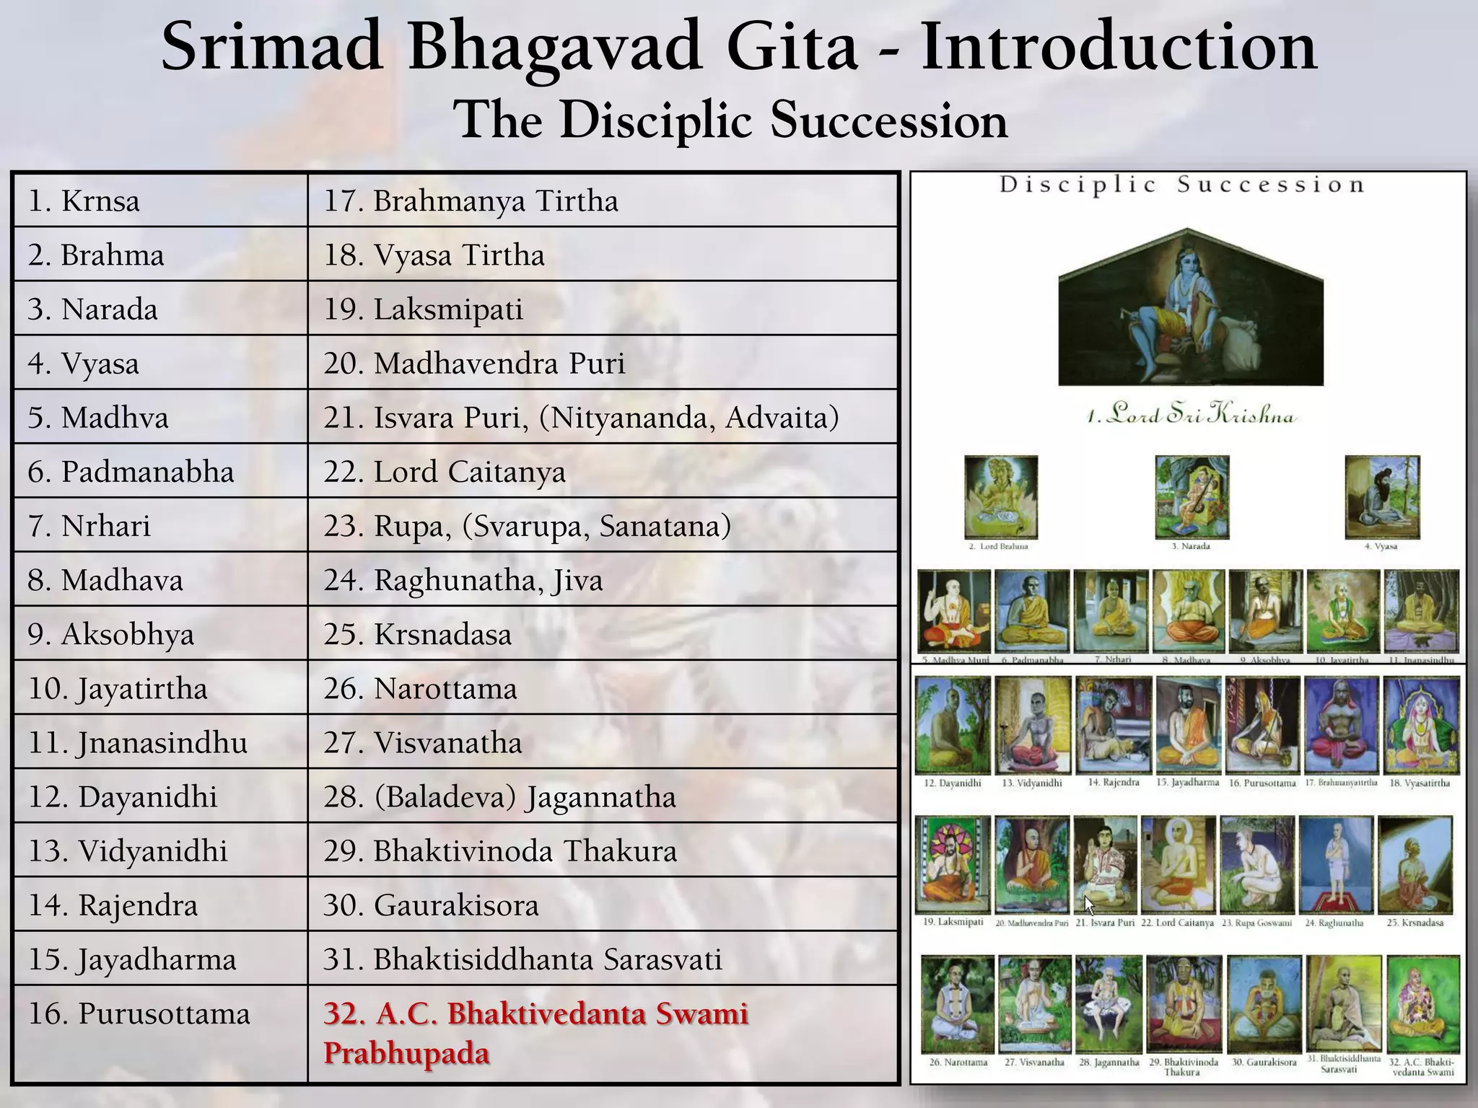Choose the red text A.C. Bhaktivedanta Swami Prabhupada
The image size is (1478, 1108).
535,1033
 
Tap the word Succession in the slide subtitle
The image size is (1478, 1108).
888,120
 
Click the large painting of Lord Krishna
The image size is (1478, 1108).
1191,309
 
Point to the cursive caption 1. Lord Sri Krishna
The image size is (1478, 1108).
1191,414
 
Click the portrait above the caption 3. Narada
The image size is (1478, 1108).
1191,496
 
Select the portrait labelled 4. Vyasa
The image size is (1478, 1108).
1382,496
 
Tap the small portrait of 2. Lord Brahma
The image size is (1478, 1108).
1001,496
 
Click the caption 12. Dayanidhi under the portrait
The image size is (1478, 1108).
953,783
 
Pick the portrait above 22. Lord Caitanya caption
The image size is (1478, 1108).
1178,864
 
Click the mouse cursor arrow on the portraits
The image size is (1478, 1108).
1090,904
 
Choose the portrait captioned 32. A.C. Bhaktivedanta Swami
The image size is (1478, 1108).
1422,1004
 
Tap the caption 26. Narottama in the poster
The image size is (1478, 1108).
958,1062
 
